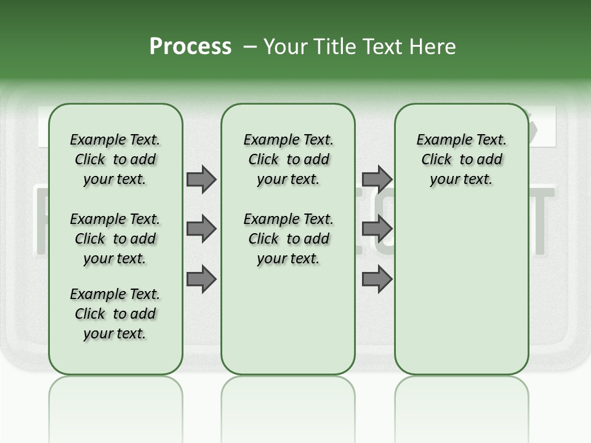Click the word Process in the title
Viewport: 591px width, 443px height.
click(x=190, y=47)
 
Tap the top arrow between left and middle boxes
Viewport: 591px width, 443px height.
click(x=201, y=180)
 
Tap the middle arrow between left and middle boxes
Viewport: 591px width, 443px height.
click(x=201, y=229)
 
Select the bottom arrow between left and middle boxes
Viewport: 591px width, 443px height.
click(x=201, y=279)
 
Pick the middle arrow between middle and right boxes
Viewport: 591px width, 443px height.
click(x=377, y=229)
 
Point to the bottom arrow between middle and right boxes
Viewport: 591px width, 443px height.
click(x=377, y=279)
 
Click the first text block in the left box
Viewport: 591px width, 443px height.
click(x=115, y=159)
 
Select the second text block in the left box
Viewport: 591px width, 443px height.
click(x=115, y=239)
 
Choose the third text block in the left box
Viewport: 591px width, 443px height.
click(x=115, y=314)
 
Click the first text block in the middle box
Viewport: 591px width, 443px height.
click(x=288, y=159)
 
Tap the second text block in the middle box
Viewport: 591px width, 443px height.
click(x=288, y=239)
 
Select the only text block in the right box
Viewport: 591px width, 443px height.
click(x=461, y=159)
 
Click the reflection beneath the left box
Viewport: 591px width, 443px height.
click(x=116, y=406)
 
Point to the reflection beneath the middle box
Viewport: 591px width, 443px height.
click(x=288, y=406)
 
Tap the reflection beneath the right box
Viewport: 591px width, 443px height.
click(x=462, y=406)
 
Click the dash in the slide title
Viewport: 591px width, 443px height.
click(x=250, y=47)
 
